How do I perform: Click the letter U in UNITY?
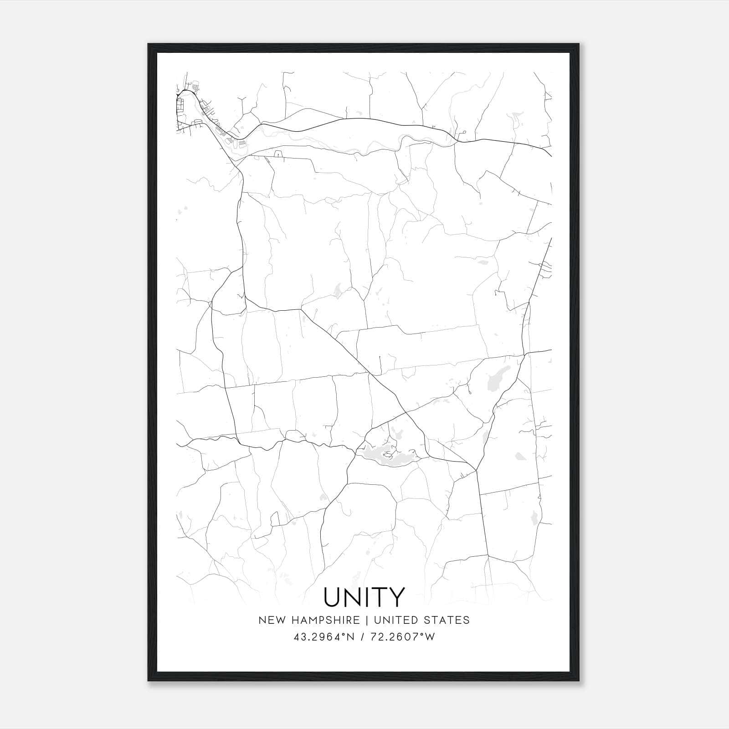(x=334, y=597)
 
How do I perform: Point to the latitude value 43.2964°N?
(x=324, y=637)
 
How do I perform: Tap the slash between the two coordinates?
(x=363, y=637)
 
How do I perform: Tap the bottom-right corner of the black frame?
(x=579, y=681)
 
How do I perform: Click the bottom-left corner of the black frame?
(x=149, y=681)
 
